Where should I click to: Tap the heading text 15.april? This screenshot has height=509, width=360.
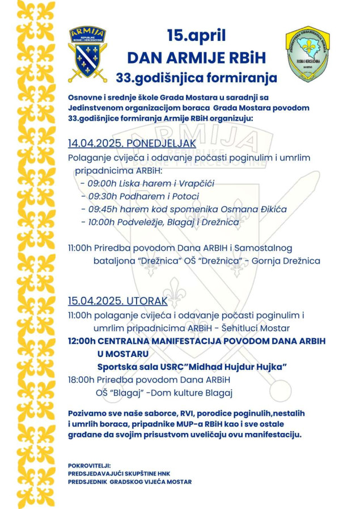[x=196, y=36]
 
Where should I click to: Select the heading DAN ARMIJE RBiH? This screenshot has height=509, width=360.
[x=196, y=57]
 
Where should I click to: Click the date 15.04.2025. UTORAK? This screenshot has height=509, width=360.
[x=117, y=301]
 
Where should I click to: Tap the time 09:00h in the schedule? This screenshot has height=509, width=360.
[x=100, y=183]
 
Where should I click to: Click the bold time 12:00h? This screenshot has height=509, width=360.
[x=82, y=340]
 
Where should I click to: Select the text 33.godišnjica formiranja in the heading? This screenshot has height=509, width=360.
[x=196, y=77]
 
